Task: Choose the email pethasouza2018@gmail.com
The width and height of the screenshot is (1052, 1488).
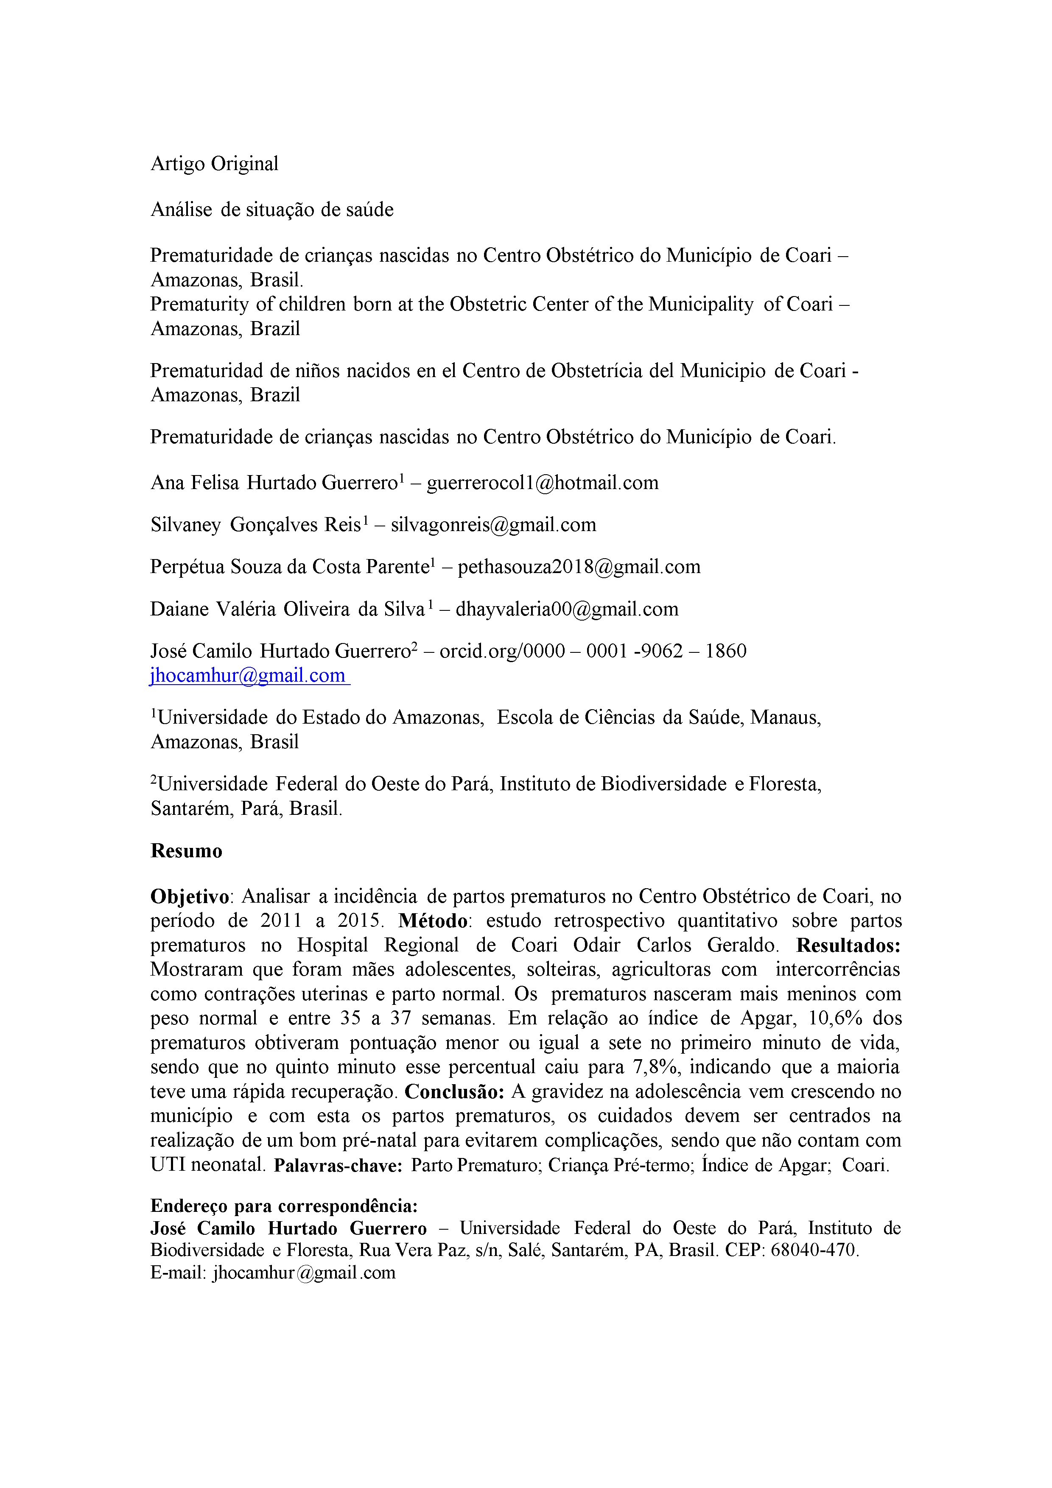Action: (579, 567)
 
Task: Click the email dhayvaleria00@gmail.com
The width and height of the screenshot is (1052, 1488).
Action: (567, 609)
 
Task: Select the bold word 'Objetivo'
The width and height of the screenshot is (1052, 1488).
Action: (190, 897)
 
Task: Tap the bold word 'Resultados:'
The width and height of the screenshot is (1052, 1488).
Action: (848, 945)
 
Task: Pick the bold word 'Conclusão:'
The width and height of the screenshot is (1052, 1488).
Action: (454, 1092)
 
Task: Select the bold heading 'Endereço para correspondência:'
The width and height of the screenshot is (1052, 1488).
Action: (284, 1206)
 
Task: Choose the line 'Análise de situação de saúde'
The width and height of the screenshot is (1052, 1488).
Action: (272, 210)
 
